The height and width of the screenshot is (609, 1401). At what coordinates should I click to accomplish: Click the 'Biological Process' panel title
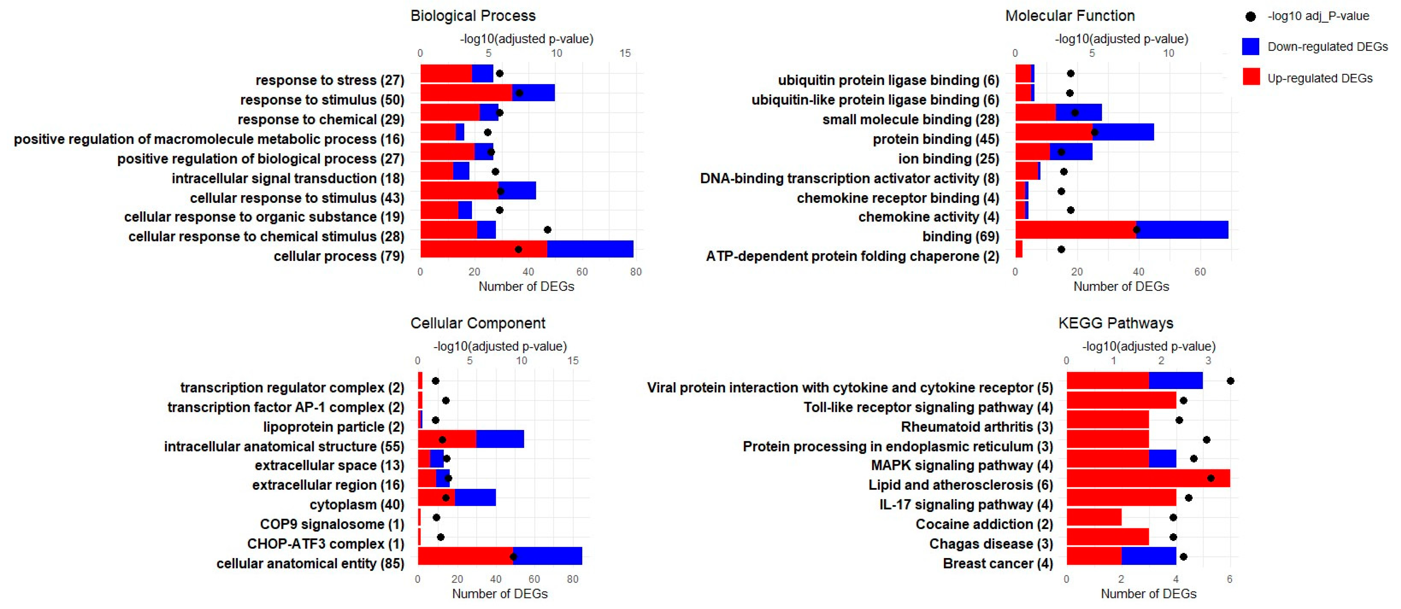tap(473, 16)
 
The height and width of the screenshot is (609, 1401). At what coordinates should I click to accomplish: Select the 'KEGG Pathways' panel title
tap(1115, 323)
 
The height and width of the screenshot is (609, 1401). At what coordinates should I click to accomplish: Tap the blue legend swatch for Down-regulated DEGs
tap(1250, 47)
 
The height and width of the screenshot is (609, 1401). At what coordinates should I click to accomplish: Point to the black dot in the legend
tap(1250, 17)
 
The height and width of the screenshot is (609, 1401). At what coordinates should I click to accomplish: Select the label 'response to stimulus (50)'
tap(322, 100)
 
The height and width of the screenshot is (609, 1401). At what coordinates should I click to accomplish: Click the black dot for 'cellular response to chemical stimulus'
tap(547, 230)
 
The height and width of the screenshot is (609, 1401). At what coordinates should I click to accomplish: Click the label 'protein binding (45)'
tap(936, 139)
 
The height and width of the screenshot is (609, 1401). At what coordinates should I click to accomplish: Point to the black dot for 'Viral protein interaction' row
tap(1230, 381)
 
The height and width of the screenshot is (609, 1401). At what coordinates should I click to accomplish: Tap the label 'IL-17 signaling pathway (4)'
tap(966, 505)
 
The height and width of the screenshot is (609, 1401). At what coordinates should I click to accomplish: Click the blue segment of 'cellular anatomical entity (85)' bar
tap(547, 557)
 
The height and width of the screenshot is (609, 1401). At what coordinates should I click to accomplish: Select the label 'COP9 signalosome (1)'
tap(332, 524)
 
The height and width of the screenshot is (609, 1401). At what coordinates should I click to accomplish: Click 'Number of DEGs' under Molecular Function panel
tap(1121, 286)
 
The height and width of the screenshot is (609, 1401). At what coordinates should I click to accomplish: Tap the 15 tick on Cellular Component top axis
tap(573, 361)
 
